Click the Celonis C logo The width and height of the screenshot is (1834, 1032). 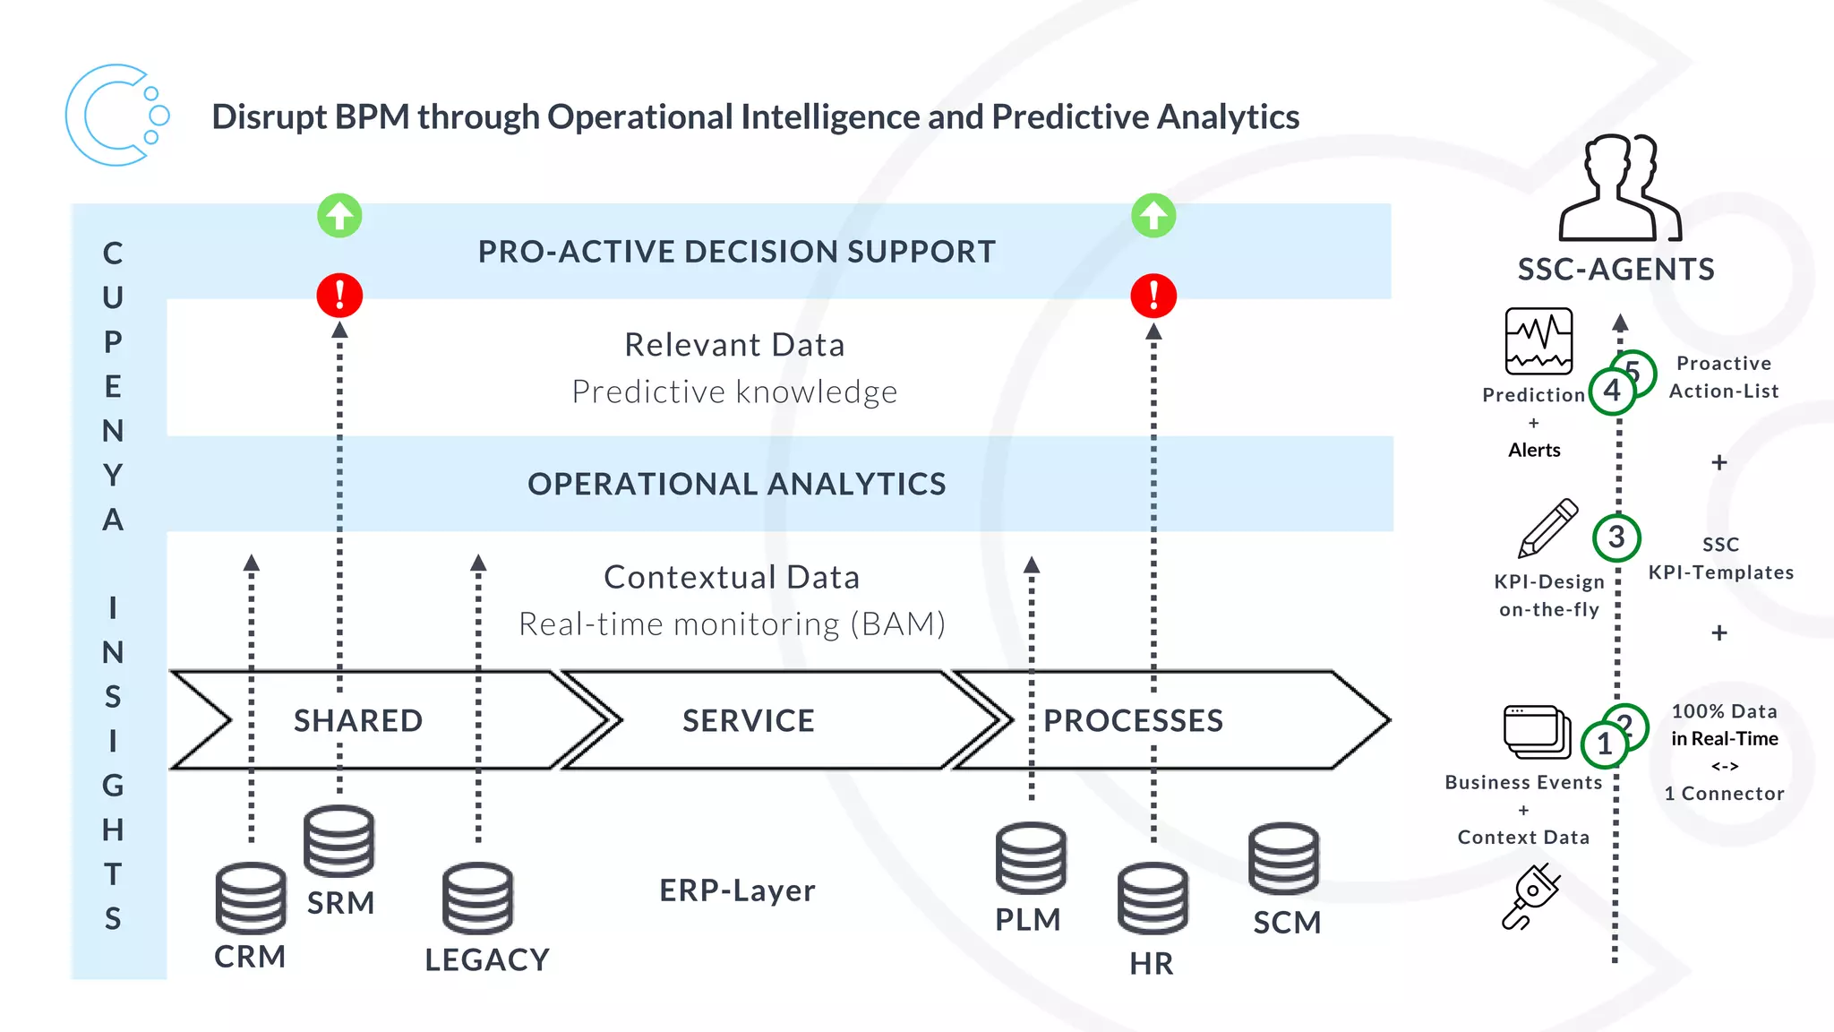coord(115,116)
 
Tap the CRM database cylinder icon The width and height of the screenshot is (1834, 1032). coord(251,898)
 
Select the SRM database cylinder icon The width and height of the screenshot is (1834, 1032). coord(339,840)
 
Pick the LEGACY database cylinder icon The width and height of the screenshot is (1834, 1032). coord(477,898)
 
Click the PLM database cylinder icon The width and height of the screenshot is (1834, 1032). coord(1031,858)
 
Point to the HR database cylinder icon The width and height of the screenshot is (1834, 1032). coord(1153,898)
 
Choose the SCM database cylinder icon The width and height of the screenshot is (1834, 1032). coord(1283,858)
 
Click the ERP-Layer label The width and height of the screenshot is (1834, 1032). coord(737,890)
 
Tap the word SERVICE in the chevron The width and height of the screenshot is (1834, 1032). coord(749,721)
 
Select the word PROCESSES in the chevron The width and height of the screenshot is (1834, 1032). coord(1133,721)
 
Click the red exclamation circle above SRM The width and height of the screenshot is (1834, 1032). coord(339,296)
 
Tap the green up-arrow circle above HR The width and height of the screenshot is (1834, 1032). coord(1153,216)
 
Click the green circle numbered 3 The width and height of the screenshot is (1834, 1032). coord(1616,537)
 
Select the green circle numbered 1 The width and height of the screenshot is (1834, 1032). coord(1605,744)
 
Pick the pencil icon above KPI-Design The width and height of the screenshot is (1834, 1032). coord(1548,528)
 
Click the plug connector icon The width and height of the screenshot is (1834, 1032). coord(1531,896)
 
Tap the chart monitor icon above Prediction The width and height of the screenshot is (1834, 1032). coord(1538,340)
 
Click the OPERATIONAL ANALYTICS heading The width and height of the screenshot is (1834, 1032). coord(736,484)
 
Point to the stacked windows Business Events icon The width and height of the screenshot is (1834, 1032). coord(1537,731)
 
